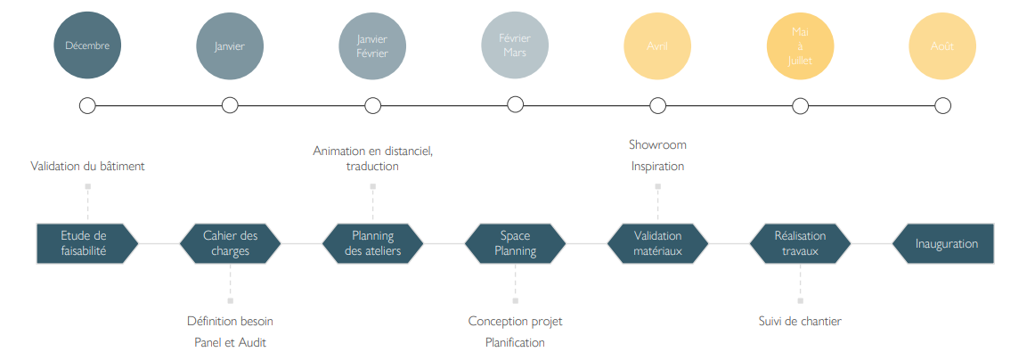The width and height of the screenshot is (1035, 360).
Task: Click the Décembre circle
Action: [x=87, y=45]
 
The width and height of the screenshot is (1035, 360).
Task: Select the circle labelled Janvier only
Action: [x=230, y=45]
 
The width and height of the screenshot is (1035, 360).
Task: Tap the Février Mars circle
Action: [x=515, y=45]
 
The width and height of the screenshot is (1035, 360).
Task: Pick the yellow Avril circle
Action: [x=657, y=45]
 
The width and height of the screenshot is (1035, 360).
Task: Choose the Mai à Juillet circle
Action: [x=800, y=45]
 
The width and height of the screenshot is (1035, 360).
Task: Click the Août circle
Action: [x=942, y=45]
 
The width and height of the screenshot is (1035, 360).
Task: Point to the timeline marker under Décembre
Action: [x=87, y=106]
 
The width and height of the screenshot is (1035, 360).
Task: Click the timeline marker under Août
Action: [x=942, y=106]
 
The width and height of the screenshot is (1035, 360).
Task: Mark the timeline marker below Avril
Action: [x=657, y=106]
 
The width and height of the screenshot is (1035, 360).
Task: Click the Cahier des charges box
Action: [x=230, y=243]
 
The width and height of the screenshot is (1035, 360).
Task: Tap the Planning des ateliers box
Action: [x=372, y=243]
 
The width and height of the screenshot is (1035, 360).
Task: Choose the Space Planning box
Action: [x=515, y=243]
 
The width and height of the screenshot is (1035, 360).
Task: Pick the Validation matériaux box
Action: [x=657, y=243]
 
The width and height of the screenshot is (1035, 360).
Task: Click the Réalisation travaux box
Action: [x=800, y=243]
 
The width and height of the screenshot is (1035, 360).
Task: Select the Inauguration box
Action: [x=942, y=243]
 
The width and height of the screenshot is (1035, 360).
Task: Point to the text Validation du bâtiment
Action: [x=87, y=166]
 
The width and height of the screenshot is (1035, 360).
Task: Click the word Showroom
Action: [x=657, y=144]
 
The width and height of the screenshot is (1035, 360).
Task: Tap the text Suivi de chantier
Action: [x=800, y=321]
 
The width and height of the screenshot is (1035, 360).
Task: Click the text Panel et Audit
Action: [x=230, y=342]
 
